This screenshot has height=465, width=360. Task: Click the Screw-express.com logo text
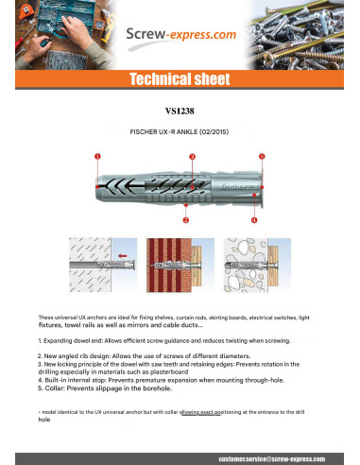[x=180, y=36]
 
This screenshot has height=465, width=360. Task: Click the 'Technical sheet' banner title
[x=180, y=78]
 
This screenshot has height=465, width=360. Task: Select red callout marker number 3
[x=193, y=154]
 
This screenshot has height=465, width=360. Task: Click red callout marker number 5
[x=262, y=154]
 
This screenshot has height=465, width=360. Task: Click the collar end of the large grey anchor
[x=260, y=185]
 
